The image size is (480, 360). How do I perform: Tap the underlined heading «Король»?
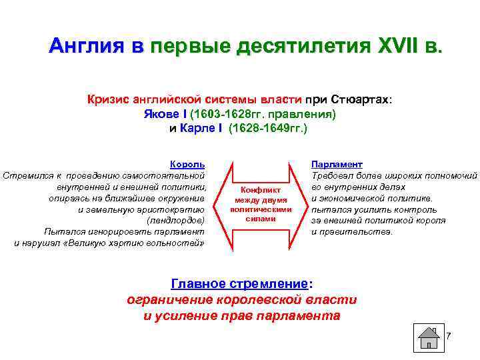pos(187,164)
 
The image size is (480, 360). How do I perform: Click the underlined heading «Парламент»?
pos(337,164)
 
